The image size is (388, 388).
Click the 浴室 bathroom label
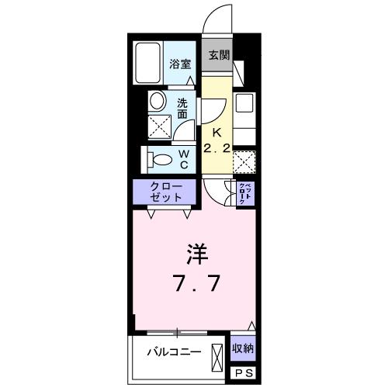[181, 64]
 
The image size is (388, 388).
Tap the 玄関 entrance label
[219, 55]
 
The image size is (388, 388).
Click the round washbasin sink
[158, 101]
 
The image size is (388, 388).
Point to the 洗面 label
[182, 109]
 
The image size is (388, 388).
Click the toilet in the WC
[161, 159]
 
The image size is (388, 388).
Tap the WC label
[185, 158]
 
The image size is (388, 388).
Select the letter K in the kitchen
[218, 131]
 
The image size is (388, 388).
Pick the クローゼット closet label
[168, 192]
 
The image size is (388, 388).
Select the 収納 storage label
[242, 348]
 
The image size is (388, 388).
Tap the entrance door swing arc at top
[217, 19]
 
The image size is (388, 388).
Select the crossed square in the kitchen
[244, 162]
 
